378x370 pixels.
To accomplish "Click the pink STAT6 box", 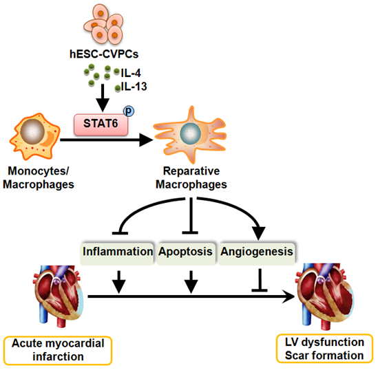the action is point(101,124).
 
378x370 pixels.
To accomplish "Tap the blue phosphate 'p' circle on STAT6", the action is point(129,111).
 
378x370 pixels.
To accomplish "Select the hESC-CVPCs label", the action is point(104,54).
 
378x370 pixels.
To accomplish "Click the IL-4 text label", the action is point(131,73).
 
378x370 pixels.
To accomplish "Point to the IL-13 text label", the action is point(134,87).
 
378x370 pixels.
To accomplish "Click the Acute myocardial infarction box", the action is point(58,350).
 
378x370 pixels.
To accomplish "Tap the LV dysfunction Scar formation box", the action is point(324,349).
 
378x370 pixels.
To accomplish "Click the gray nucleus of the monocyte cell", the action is point(32,131).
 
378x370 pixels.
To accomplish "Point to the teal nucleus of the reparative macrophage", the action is point(191,133).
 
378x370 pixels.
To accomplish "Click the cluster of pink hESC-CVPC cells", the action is point(104,24).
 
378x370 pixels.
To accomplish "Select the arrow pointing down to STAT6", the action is point(103,98).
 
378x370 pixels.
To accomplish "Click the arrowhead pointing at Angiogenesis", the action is point(258,232).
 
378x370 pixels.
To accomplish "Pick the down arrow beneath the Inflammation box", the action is point(118,282).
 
